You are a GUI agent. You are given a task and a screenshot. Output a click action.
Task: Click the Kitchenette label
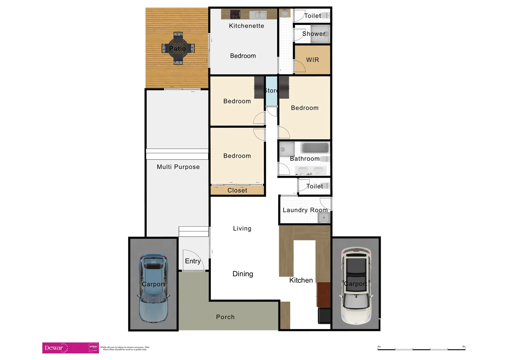(x=246, y=26)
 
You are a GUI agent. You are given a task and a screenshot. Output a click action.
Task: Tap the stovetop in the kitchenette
(x=235, y=14)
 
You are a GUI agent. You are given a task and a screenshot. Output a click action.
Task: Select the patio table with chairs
(x=178, y=48)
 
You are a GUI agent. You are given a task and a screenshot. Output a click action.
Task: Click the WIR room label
(x=312, y=60)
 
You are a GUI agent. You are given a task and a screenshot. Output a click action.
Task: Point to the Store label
(x=271, y=91)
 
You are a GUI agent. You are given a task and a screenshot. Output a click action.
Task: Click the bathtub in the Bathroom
(x=314, y=148)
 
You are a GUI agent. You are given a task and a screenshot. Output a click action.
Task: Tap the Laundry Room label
(x=305, y=210)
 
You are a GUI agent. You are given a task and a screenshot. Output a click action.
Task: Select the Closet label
(x=237, y=190)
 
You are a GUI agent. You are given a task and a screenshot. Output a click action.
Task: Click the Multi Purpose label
(x=178, y=167)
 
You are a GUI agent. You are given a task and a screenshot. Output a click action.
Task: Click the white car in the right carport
(x=356, y=286)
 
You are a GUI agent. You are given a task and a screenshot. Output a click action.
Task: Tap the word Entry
(x=193, y=261)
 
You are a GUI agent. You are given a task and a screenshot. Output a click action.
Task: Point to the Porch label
(x=225, y=317)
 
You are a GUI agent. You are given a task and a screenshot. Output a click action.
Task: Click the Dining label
(x=243, y=274)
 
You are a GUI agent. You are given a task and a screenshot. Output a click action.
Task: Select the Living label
(x=242, y=228)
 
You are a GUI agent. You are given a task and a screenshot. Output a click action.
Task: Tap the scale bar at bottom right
(x=421, y=349)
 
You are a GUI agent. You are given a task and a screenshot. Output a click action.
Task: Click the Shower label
(x=313, y=34)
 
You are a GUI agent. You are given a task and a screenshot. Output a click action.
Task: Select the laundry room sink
(x=323, y=218)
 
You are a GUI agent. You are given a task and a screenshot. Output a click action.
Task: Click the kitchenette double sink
(x=258, y=15)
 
